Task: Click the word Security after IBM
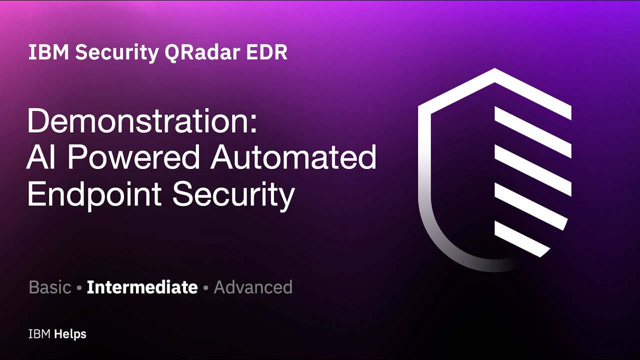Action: pyautogui.click(x=116, y=53)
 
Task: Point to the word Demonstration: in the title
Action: pyautogui.click(x=142, y=121)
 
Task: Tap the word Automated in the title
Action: pyautogui.click(x=293, y=158)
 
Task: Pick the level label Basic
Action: pyautogui.click(x=50, y=287)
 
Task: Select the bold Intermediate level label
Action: pyautogui.click(x=142, y=287)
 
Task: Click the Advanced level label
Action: pyautogui.click(x=253, y=287)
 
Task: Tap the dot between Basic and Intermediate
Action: pyautogui.click(x=79, y=288)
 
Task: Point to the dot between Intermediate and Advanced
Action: pyautogui.click(x=205, y=288)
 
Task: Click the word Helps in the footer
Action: pyautogui.click(x=70, y=334)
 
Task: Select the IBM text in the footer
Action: pyautogui.click(x=39, y=334)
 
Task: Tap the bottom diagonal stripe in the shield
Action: pyautogui.click(x=522, y=239)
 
